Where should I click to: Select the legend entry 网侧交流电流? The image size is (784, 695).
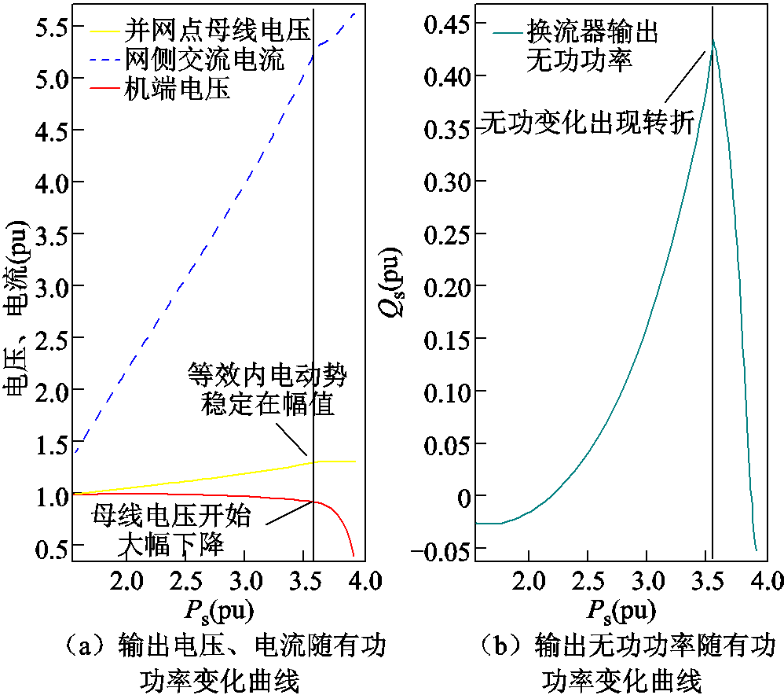point(204,60)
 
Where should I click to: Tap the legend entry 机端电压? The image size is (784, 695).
point(178,89)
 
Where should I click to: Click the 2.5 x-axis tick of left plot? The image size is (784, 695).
point(187,583)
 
